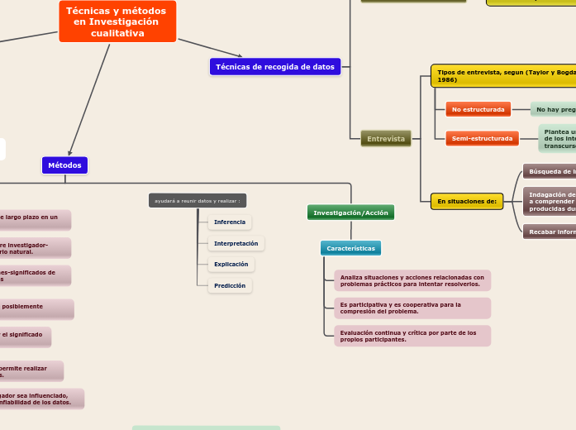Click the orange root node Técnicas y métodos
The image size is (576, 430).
[117, 21]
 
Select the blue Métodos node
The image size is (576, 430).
[64, 165]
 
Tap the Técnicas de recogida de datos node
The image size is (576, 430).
[274, 67]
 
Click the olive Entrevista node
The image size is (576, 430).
[386, 139]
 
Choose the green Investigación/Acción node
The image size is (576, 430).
[350, 213]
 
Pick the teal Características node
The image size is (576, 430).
[350, 248]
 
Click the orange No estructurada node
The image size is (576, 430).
[478, 109]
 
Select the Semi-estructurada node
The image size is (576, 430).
[482, 138]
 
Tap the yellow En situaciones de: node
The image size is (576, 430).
[466, 201]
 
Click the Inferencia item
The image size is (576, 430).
[229, 222]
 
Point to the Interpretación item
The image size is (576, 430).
[236, 243]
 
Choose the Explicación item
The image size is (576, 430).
[231, 265]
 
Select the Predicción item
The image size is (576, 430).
[229, 285]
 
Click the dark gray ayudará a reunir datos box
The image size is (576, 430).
[198, 201]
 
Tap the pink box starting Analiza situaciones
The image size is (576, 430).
[412, 280]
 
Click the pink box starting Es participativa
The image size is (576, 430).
[412, 308]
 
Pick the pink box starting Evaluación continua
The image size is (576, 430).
[412, 336]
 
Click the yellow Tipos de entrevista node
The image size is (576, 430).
[503, 76]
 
